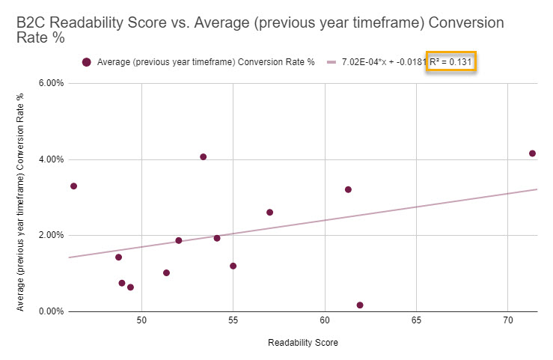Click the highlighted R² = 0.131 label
coord(452,61)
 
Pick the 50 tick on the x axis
coord(142,321)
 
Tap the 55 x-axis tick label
coord(233,321)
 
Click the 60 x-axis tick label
coord(325,321)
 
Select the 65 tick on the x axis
coord(416,321)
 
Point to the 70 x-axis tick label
coord(507,321)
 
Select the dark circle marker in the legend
coord(87,62)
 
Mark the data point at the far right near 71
coord(532,153)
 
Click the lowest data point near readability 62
coord(360,305)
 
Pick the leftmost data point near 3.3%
coord(73,186)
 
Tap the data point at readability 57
coord(269,213)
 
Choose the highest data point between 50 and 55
coord(203,157)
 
